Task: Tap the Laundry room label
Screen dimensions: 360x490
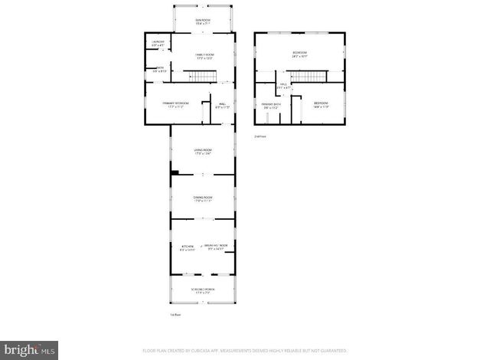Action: [x=158, y=44]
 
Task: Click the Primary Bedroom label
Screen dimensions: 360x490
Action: [x=176, y=105]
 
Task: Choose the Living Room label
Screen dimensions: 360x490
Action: [x=202, y=151]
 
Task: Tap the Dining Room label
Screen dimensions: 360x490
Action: [x=202, y=199]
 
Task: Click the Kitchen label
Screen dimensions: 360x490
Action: [x=187, y=247]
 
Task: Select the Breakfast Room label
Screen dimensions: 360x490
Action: [x=217, y=247]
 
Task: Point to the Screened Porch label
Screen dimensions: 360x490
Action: [x=202, y=290]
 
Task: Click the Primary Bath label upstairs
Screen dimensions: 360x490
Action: [x=272, y=105]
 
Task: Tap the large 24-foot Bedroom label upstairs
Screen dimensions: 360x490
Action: [x=299, y=54]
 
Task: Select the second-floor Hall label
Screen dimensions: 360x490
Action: [x=283, y=86]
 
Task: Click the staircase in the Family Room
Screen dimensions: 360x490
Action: [x=199, y=76]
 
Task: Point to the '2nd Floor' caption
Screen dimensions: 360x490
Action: [x=260, y=136]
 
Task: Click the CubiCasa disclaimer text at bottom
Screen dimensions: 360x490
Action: [x=244, y=350]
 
